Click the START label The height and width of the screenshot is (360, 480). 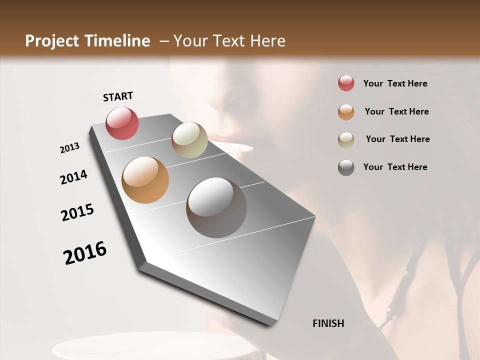pos(118,96)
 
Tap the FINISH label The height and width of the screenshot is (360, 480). pos(328,323)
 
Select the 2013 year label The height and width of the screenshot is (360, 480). pos(70,148)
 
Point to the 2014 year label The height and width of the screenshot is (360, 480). pos(73,177)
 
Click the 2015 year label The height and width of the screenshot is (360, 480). pos(77,212)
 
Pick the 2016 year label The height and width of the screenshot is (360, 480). pos(85,252)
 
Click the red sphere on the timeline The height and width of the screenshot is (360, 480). pos(122,123)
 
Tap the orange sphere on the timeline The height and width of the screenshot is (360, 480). pos(145,180)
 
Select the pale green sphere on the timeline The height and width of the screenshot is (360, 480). pos(189,140)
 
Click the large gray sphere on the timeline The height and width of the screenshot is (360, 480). pos(216,207)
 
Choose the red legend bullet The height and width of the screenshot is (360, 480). pos(346,83)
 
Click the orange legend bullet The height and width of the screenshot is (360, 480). pos(346,112)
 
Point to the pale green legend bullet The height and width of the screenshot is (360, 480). pos(346,140)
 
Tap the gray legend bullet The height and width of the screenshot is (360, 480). pos(346,167)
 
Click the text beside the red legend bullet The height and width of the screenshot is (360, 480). pos(395,84)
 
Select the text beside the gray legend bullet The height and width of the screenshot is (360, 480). pos(395,167)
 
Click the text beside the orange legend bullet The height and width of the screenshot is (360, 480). pos(396,111)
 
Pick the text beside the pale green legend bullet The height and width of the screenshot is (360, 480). pos(397,139)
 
